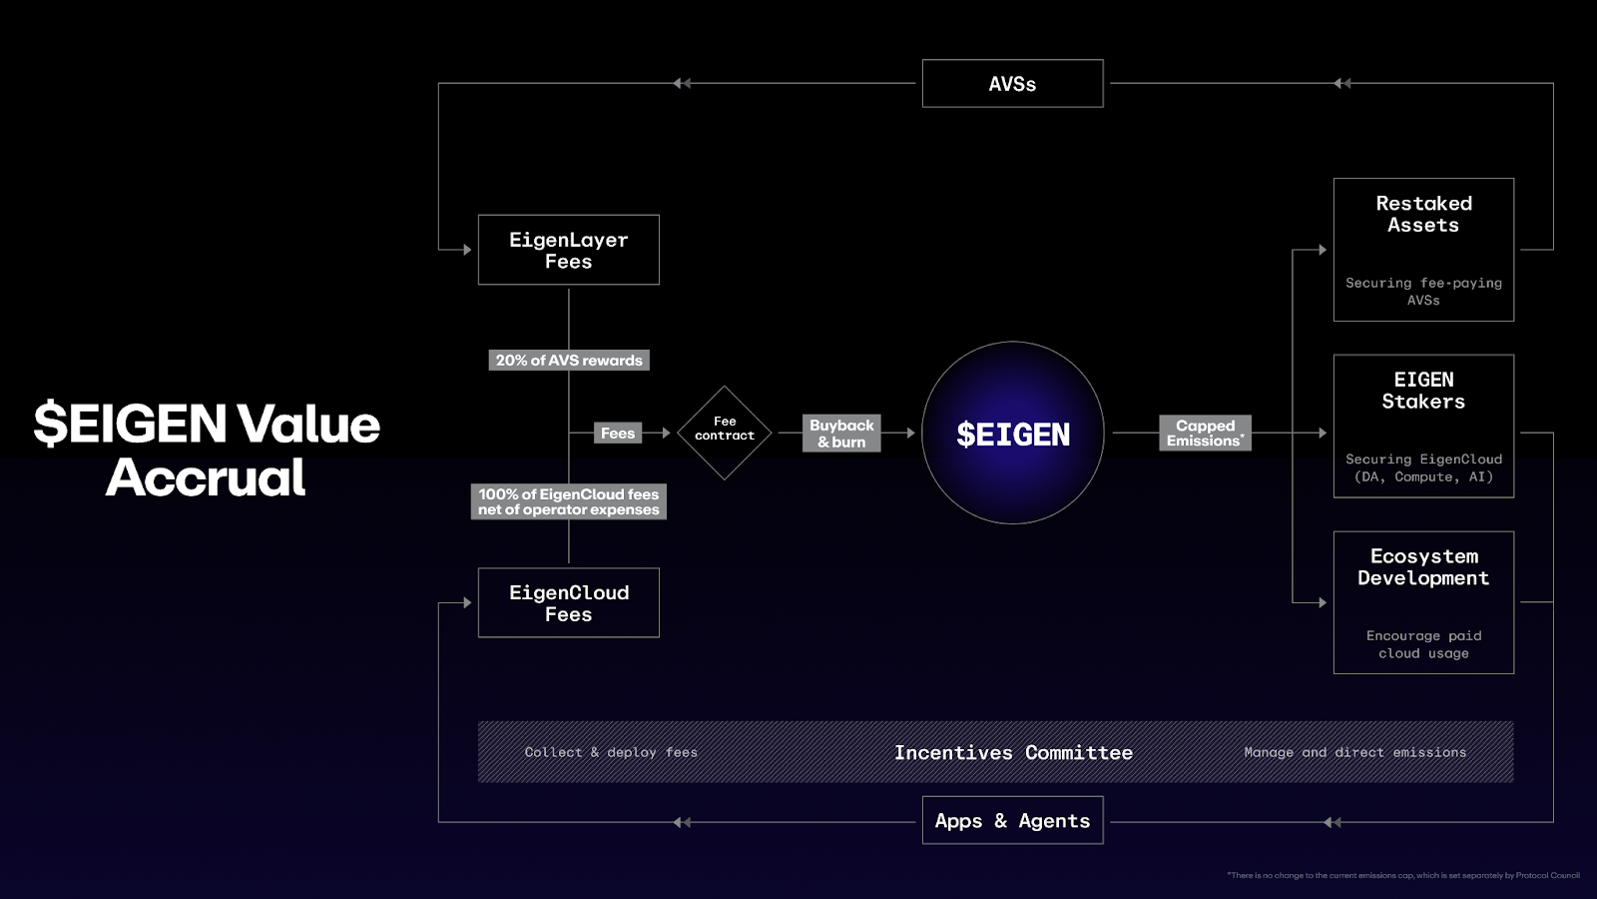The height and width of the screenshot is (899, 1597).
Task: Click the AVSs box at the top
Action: coord(1012,84)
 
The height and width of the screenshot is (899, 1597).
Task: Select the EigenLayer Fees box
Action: coord(568,250)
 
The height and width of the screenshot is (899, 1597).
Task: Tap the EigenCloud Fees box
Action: coord(568,603)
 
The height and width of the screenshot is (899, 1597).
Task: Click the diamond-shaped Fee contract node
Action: coord(725,433)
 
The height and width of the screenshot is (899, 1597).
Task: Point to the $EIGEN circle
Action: coord(1012,434)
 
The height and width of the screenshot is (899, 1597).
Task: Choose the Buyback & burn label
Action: coord(841,434)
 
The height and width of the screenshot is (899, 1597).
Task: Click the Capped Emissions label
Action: coord(1205,434)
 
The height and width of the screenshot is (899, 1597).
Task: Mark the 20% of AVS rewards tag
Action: coord(569,361)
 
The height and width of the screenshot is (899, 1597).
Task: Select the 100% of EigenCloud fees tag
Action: coord(569,501)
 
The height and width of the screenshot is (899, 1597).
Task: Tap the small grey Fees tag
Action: coord(618,434)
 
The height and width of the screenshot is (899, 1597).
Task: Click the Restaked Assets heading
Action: coord(1423,215)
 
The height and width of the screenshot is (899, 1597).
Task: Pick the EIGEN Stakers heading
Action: coord(1423,391)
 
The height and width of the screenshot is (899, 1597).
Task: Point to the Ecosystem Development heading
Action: coord(1423,567)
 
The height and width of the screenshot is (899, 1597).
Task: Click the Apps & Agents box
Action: coord(1012,821)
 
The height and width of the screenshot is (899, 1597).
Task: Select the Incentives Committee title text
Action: coord(1013,753)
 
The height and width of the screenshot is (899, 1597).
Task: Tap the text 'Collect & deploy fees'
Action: coord(611,753)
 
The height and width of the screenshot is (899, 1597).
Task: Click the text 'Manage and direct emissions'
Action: coord(1354,753)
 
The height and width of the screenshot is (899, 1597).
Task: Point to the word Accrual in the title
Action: coord(206,477)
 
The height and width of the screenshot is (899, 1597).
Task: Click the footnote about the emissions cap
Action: coord(1402,876)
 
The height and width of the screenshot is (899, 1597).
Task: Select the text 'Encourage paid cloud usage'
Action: coord(1423,644)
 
